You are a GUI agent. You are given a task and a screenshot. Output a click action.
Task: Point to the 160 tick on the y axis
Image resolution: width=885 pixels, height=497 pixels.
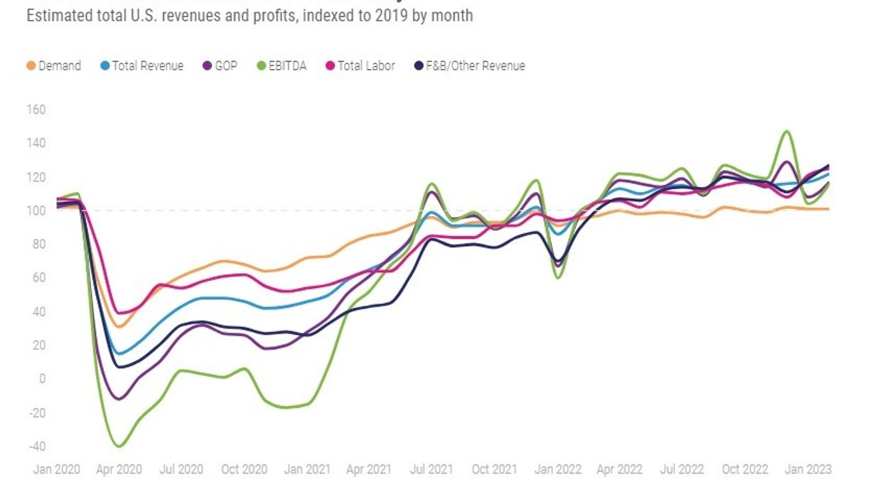pos(36,109)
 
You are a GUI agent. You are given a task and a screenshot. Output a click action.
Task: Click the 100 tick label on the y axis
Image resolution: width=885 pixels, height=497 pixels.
pos(36,210)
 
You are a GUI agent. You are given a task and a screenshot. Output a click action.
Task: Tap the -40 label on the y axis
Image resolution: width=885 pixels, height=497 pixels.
pos(36,447)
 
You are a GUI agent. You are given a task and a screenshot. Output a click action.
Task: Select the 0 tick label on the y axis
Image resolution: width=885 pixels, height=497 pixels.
pos(42,379)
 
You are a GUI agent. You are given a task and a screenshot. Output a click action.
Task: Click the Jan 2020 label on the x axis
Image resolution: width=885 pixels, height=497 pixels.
pos(56,470)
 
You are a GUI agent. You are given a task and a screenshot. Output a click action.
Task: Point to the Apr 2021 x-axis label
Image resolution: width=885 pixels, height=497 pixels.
pos(369,470)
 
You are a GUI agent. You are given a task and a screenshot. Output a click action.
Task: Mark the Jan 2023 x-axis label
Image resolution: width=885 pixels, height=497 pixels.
pos(808,470)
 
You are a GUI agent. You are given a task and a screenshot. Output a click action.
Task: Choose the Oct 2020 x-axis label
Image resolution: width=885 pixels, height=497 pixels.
pos(244,470)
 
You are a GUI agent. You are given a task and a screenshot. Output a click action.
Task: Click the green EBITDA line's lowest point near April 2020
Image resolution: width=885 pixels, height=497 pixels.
pos(119,447)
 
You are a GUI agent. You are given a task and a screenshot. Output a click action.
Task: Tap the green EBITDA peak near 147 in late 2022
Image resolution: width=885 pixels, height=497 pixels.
pos(786,131)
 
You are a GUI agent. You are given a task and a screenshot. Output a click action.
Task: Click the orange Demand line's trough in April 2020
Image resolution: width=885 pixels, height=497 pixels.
pos(120,327)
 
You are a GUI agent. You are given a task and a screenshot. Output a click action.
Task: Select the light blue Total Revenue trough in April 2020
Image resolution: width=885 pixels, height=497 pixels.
pos(119,353)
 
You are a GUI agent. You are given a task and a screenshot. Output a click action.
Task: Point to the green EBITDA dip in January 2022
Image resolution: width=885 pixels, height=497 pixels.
pos(558,277)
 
